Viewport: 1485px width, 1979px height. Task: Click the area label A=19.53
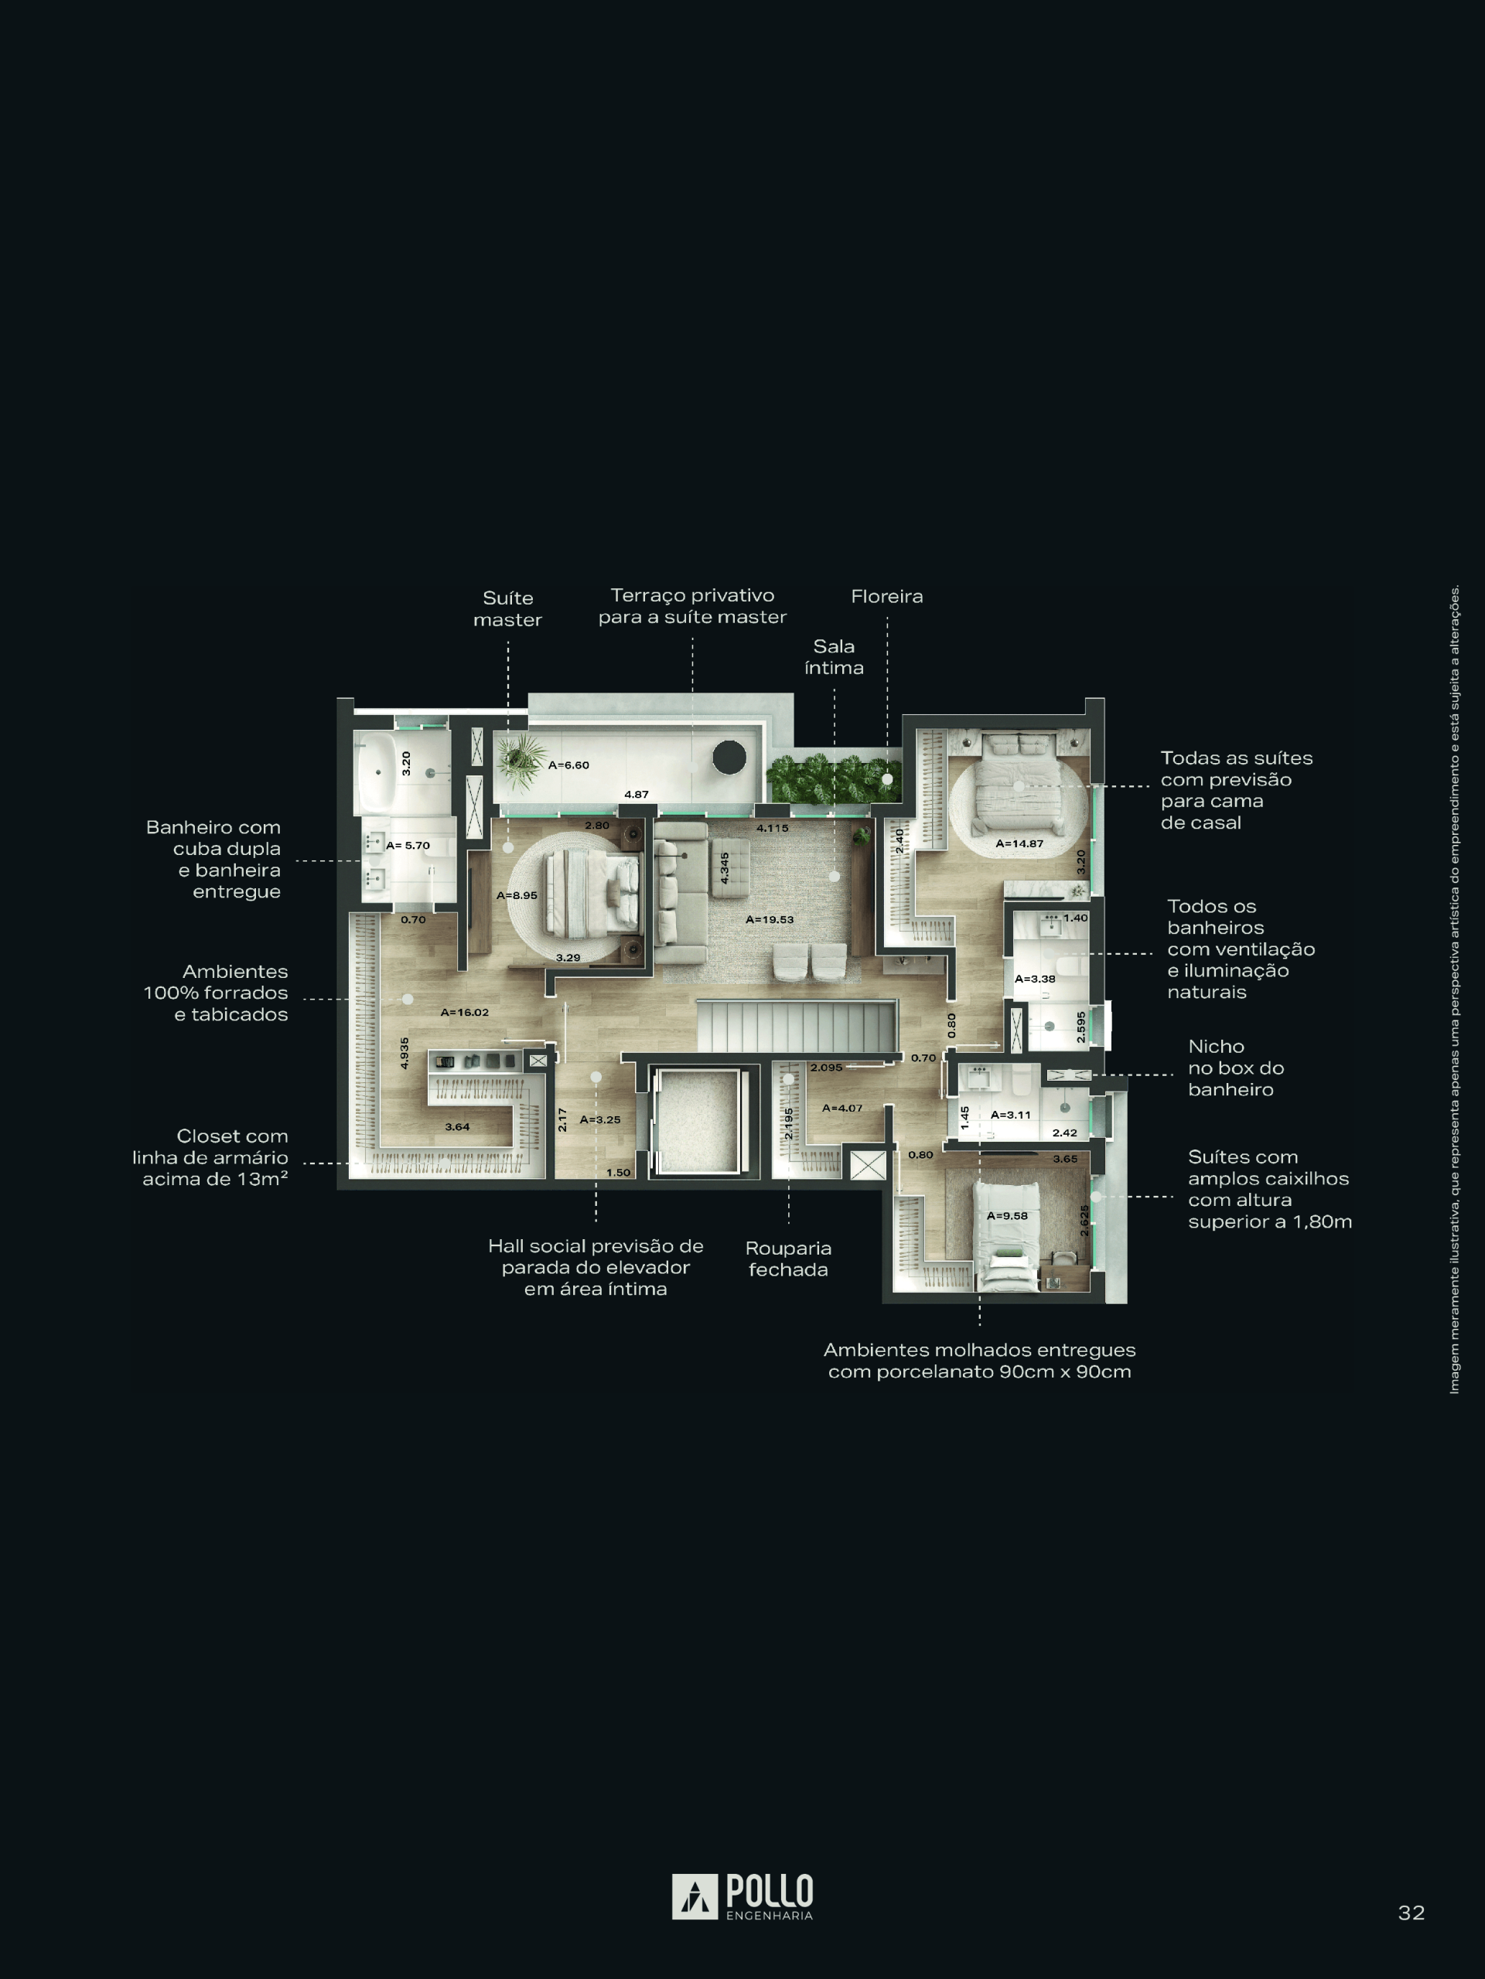(770, 919)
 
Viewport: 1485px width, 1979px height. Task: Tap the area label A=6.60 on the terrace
(568, 765)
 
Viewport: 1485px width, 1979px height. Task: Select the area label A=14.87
(1019, 843)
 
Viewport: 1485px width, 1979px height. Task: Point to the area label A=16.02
(465, 1012)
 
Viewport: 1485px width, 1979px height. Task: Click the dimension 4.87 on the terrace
(637, 795)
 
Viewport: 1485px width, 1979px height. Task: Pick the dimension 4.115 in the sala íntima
(773, 828)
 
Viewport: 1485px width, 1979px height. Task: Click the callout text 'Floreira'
(887, 597)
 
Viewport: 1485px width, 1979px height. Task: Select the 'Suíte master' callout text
(507, 608)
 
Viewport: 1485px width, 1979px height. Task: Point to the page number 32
(1412, 1913)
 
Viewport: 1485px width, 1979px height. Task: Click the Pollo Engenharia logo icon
(695, 1897)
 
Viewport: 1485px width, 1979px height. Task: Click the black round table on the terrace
(729, 758)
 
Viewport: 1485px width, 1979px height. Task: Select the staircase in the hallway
(797, 1026)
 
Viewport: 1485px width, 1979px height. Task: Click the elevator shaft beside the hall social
(698, 1122)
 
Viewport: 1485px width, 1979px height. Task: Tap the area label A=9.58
(1007, 1216)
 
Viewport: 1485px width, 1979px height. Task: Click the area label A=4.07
(842, 1108)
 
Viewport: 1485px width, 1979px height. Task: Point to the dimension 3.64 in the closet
(457, 1126)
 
